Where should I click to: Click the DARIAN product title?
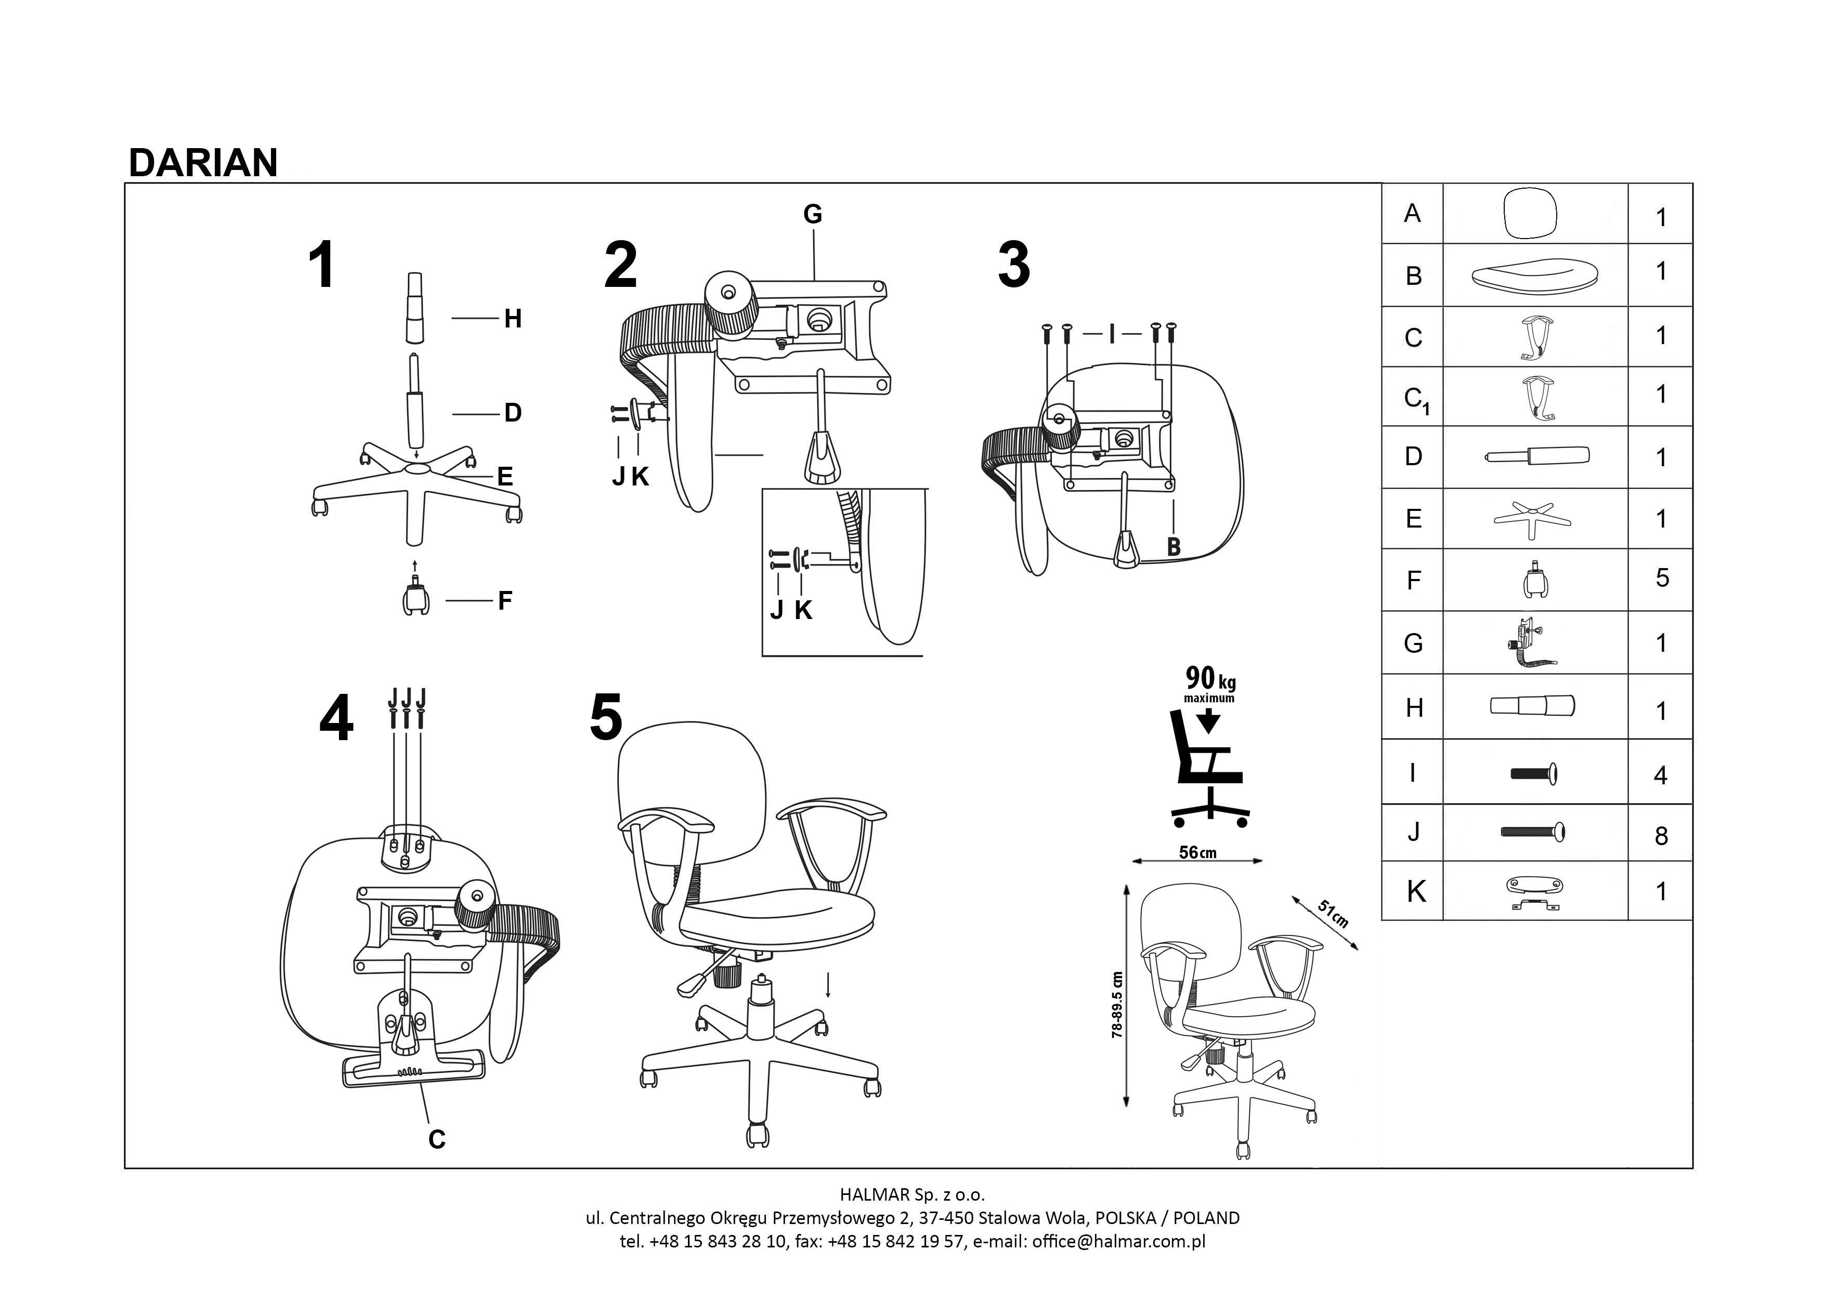click(203, 163)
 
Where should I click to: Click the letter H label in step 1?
click(512, 319)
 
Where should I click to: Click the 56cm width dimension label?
click(1197, 853)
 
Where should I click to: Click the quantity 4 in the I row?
click(1660, 775)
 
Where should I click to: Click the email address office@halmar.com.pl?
click(1118, 1241)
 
